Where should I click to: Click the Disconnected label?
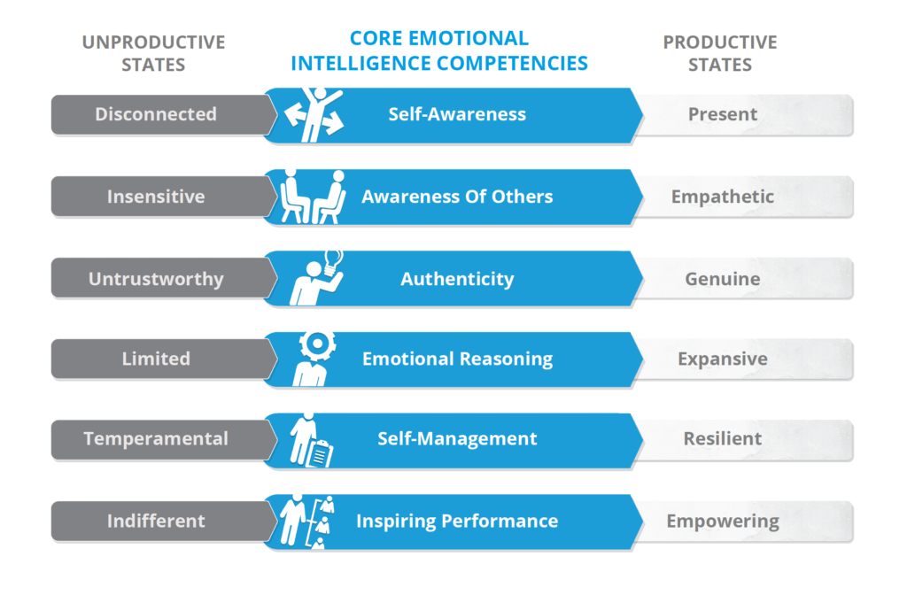point(156,114)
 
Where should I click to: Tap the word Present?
point(723,114)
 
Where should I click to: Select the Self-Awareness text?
point(457,114)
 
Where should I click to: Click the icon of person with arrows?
point(314,114)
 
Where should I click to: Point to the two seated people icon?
point(313,197)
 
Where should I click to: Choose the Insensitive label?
point(156,197)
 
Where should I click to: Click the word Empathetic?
point(723,197)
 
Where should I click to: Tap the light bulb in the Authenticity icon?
point(333,262)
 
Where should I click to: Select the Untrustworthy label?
point(156,279)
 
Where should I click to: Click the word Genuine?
point(723,279)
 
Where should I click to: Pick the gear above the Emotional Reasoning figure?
point(317,344)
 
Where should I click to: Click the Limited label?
point(156,359)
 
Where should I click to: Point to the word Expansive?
point(723,359)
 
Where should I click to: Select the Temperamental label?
point(156,439)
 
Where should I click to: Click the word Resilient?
point(723,438)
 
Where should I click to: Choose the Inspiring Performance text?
point(457,521)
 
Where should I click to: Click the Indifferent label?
point(156,521)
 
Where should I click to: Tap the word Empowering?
point(723,521)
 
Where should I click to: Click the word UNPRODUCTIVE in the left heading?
point(153,42)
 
